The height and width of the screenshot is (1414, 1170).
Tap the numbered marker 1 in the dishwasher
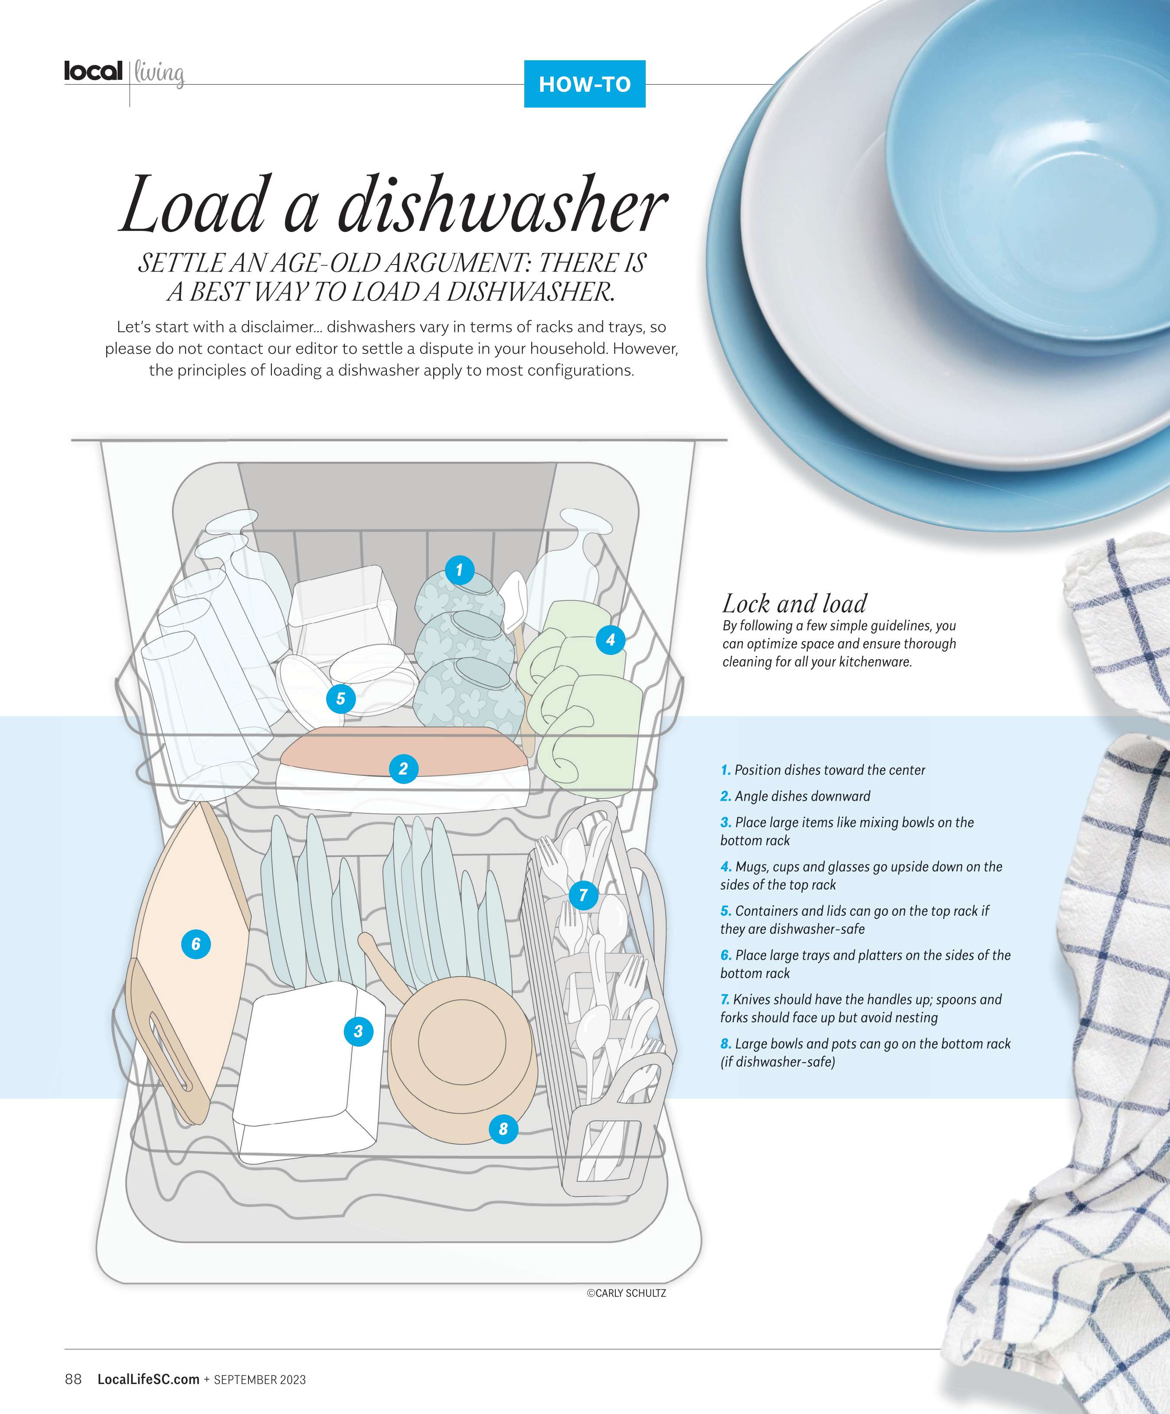click(x=460, y=570)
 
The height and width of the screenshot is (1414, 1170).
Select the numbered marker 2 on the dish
click(x=403, y=768)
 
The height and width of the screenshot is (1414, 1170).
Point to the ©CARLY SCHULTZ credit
click(x=626, y=1293)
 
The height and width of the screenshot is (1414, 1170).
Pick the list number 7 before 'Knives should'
click(x=725, y=999)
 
